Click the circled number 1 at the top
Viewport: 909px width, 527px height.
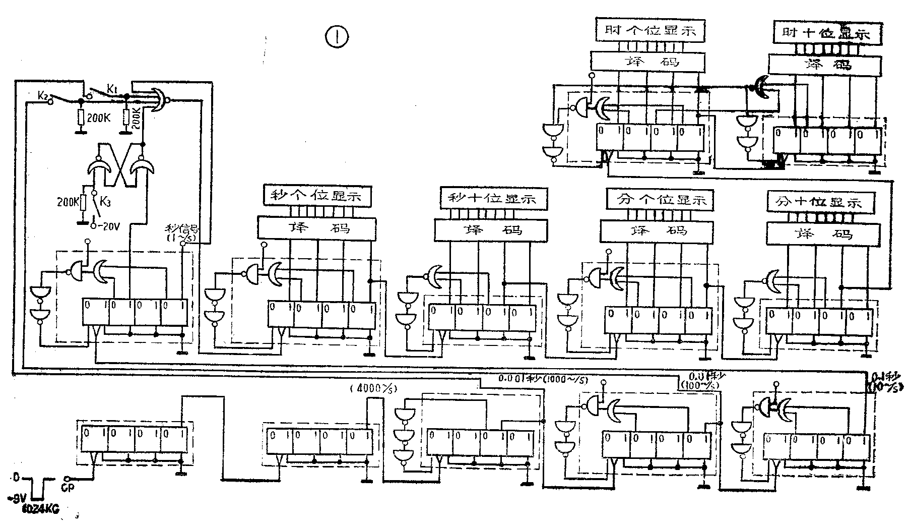click(337, 37)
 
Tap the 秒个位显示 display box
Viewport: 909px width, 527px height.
click(317, 196)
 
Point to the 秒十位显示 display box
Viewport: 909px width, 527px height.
click(494, 198)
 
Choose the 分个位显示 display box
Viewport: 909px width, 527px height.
click(660, 200)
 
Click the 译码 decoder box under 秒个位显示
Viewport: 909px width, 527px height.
click(317, 227)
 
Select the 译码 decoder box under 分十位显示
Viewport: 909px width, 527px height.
click(823, 233)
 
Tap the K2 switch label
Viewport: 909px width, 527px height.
click(43, 95)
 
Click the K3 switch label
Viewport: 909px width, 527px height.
click(104, 202)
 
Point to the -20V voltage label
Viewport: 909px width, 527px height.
click(108, 226)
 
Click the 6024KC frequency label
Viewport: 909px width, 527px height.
click(40, 509)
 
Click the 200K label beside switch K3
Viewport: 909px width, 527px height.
click(69, 202)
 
